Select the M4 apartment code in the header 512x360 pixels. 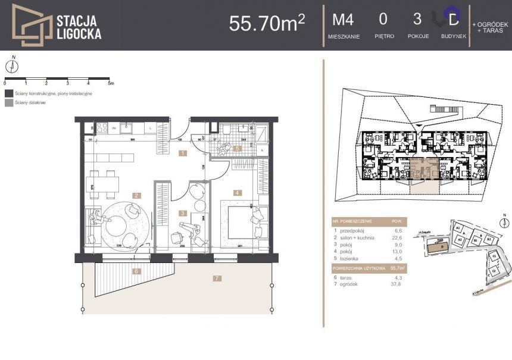342,20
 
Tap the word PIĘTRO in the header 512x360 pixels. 383,36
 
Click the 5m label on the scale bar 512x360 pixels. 111,83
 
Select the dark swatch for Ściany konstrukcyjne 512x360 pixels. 8,93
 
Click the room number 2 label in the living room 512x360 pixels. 136,195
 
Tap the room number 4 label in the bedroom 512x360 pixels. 237,192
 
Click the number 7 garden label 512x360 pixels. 217,278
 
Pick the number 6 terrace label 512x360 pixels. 136,271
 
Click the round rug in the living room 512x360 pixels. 122,224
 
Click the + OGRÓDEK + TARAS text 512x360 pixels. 491,27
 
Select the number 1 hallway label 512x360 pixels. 183,153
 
